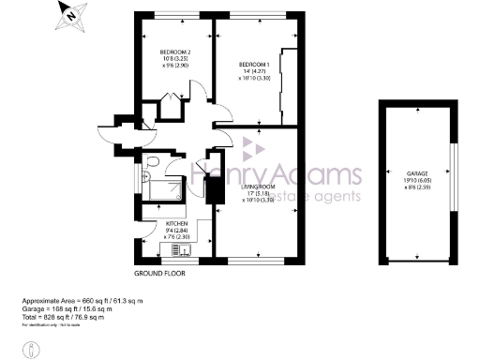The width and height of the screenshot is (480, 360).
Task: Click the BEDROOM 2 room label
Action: click(175, 52)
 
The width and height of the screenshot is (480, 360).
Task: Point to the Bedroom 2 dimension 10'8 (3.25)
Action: click(175, 59)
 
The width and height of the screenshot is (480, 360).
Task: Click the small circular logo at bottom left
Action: click(32, 348)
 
